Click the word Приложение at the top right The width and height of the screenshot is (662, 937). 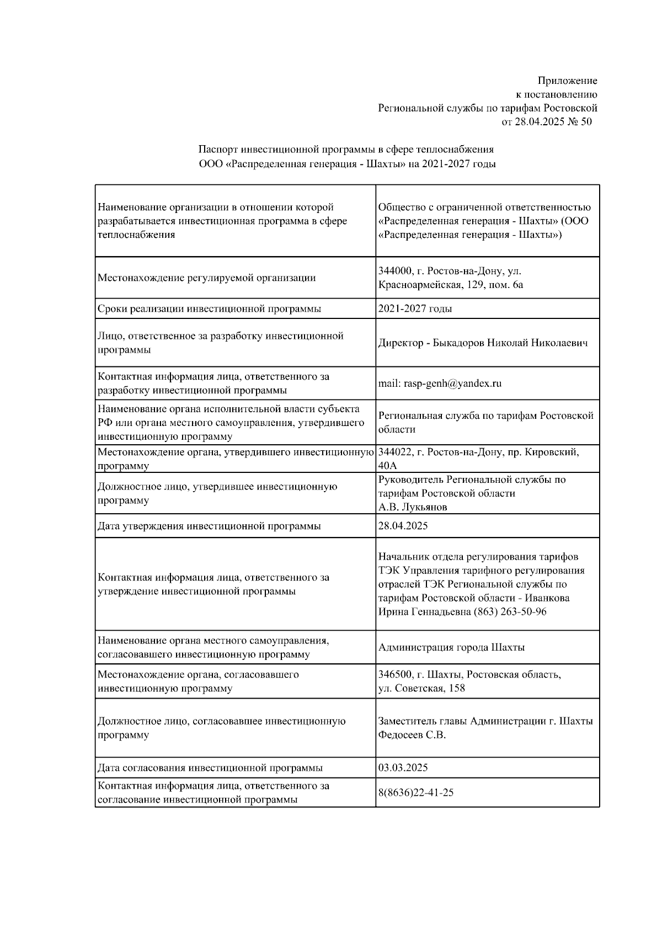click(x=568, y=81)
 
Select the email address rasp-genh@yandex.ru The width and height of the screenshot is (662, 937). click(x=452, y=384)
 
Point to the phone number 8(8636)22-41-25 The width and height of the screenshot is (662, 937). click(x=416, y=793)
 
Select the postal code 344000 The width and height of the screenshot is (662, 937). click(x=394, y=271)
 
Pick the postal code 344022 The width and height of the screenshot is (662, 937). click(x=394, y=452)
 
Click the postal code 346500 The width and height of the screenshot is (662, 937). click(x=394, y=674)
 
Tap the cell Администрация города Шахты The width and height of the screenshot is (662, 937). click(x=451, y=647)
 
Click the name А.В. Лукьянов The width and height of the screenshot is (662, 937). click(x=413, y=507)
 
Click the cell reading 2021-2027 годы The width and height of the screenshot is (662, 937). click(x=415, y=308)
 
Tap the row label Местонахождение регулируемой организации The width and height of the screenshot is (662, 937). click(x=206, y=278)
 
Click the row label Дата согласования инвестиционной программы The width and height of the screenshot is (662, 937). click(x=210, y=768)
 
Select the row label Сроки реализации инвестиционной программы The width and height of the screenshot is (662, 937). click(x=209, y=308)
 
